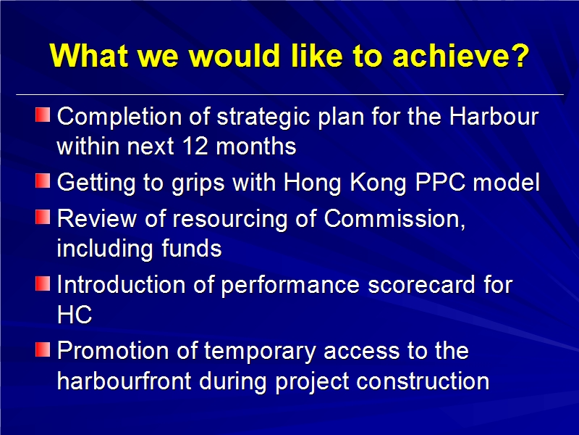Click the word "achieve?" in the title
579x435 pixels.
[461, 56]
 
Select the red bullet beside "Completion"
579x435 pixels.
[43, 115]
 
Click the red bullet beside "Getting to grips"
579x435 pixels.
[43, 181]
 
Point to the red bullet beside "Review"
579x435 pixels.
[43, 217]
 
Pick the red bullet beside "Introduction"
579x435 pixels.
[43, 283]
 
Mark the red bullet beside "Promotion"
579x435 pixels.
[43, 349]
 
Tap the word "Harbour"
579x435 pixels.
[494, 117]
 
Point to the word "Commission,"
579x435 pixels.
[394, 220]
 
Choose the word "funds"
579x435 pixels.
[192, 248]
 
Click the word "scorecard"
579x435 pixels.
[421, 285]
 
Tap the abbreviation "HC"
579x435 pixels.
[75, 315]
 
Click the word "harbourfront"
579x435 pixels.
[124, 381]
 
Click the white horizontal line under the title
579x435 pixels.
[290, 95]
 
